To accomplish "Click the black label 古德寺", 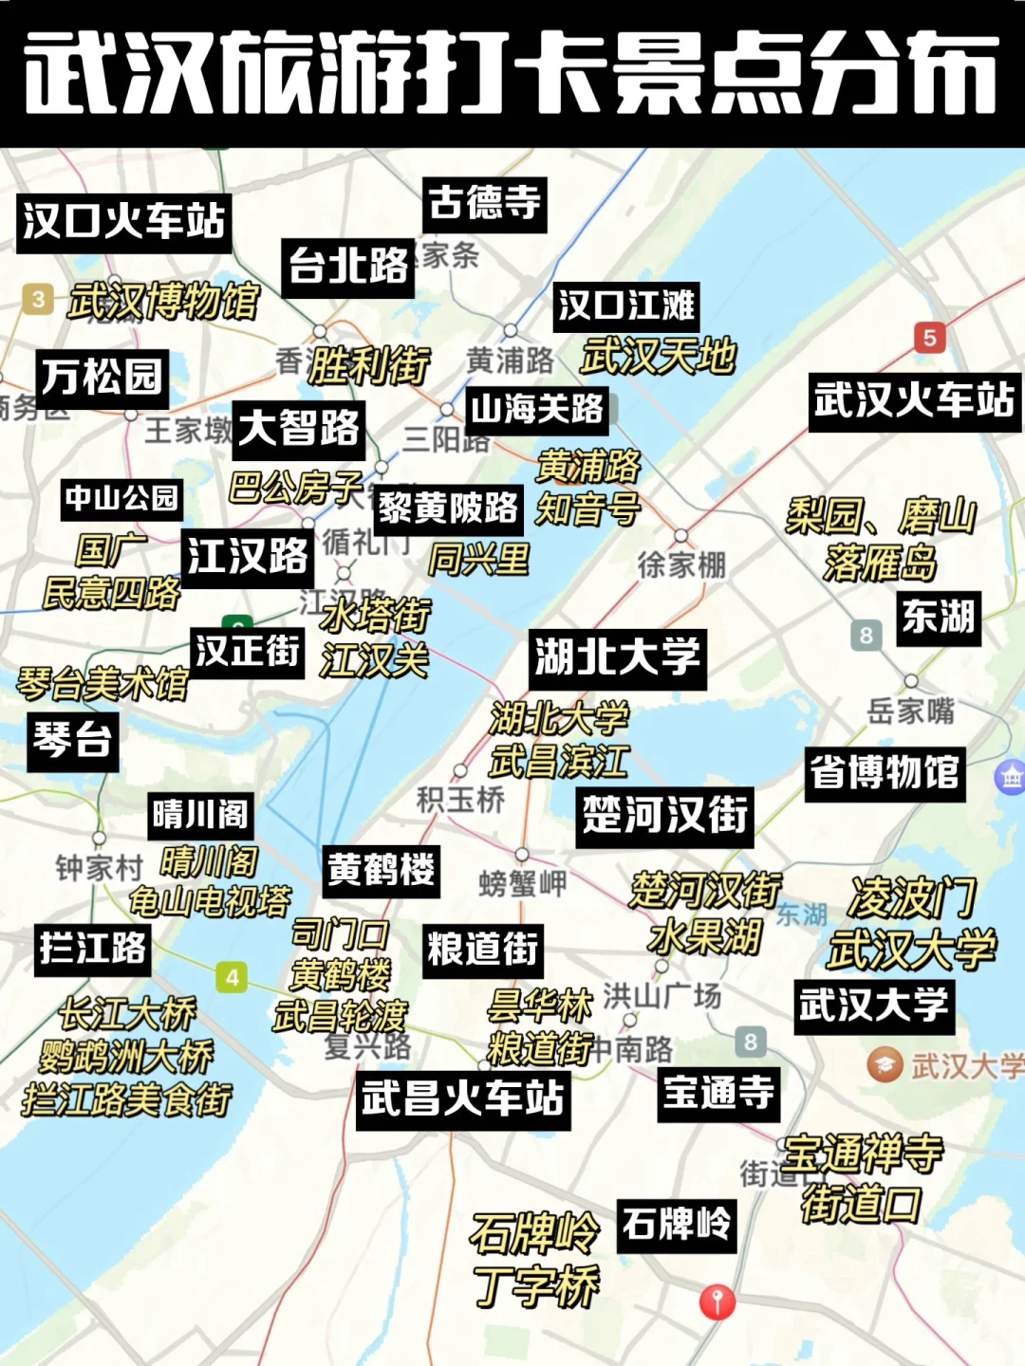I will pyautogui.click(x=484, y=204).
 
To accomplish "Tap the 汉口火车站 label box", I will pyautogui.click(x=123, y=222).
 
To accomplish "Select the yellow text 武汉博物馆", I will pyautogui.click(x=163, y=302).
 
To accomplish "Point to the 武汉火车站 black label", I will pyautogui.click(x=913, y=400).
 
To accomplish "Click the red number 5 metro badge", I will pyautogui.click(x=929, y=337).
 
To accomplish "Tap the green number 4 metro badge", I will pyautogui.click(x=232, y=977).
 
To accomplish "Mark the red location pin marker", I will pyautogui.click(x=717, y=1301).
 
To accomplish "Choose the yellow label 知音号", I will pyautogui.click(x=587, y=509).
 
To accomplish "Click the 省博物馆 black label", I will pyautogui.click(x=885, y=773).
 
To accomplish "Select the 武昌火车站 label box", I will pyautogui.click(x=463, y=1099).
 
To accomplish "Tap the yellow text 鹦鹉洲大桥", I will pyautogui.click(x=126, y=1056).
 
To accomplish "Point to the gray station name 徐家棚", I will pyautogui.click(x=681, y=565).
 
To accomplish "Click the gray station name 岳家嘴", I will pyautogui.click(x=911, y=711).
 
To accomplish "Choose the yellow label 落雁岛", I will pyautogui.click(x=880, y=563).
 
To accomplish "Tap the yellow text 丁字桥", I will pyautogui.click(x=536, y=1286).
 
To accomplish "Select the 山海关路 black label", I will pyautogui.click(x=537, y=410).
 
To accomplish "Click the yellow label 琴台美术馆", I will pyautogui.click(x=102, y=683).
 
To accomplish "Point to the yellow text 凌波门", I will pyautogui.click(x=911, y=896).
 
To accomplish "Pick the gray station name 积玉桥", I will pyautogui.click(x=460, y=800).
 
